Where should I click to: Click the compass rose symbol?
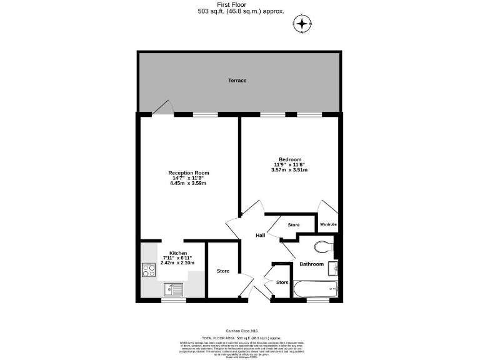(x=302, y=24)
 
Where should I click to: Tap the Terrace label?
(x=237, y=81)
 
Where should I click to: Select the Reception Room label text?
(x=188, y=172)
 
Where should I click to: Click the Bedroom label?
(x=289, y=159)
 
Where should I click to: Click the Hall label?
(x=261, y=235)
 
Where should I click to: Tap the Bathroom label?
(x=311, y=264)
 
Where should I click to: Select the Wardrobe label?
(x=328, y=224)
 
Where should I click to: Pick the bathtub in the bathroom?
(x=316, y=289)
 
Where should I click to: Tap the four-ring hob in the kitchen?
(x=149, y=270)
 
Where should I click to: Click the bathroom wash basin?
(x=334, y=267)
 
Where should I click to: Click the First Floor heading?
(x=240, y=4)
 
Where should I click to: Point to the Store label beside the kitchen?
(x=223, y=271)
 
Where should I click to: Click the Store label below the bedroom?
(x=293, y=225)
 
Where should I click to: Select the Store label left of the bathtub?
(x=282, y=282)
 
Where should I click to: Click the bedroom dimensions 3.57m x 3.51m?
(x=289, y=170)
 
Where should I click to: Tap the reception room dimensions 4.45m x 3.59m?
(x=188, y=184)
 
